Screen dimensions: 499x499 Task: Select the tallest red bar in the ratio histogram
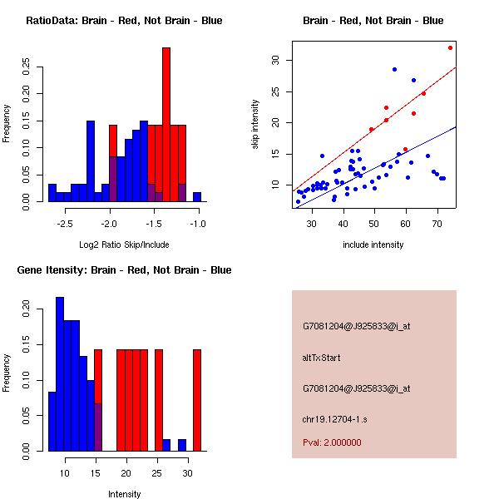[166, 125]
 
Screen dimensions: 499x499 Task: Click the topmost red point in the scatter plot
[450, 47]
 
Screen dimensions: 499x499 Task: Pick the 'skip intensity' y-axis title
[254, 125]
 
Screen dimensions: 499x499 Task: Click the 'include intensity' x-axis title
[373, 245]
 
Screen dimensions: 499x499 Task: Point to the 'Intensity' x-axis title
[125, 494]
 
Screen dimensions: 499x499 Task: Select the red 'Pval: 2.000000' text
[332, 442]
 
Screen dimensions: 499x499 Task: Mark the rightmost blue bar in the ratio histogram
[197, 197]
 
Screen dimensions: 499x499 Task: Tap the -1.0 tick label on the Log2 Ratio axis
[197, 225]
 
